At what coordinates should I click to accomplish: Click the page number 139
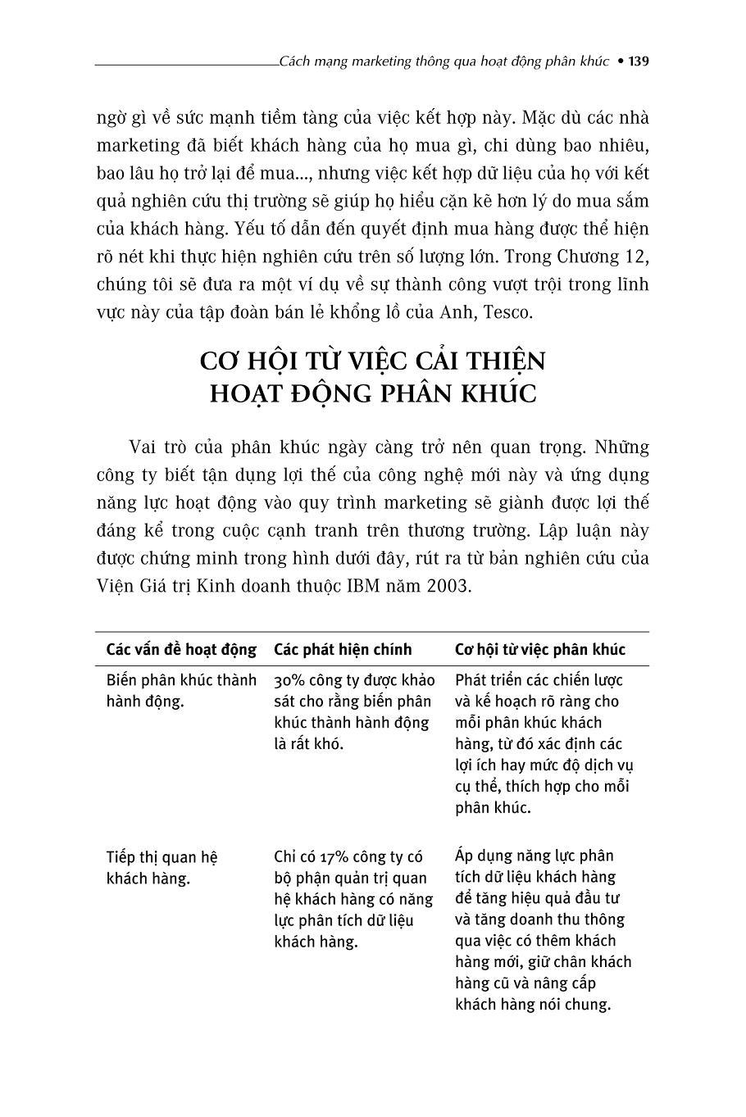[x=639, y=61]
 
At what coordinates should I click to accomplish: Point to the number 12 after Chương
[x=635, y=257]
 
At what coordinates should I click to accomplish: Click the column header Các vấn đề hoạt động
[x=181, y=650]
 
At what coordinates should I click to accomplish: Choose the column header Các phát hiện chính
[x=343, y=650]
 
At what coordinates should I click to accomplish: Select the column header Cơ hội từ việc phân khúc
[x=540, y=650]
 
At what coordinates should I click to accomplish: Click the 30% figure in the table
[x=289, y=680]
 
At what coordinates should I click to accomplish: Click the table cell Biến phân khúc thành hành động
[x=181, y=691]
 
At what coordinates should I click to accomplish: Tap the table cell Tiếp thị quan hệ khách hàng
[x=161, y=868]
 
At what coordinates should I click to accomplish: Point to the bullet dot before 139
[x=620, y=61]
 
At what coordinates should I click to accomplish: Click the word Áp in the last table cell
[x=466, y=856]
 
